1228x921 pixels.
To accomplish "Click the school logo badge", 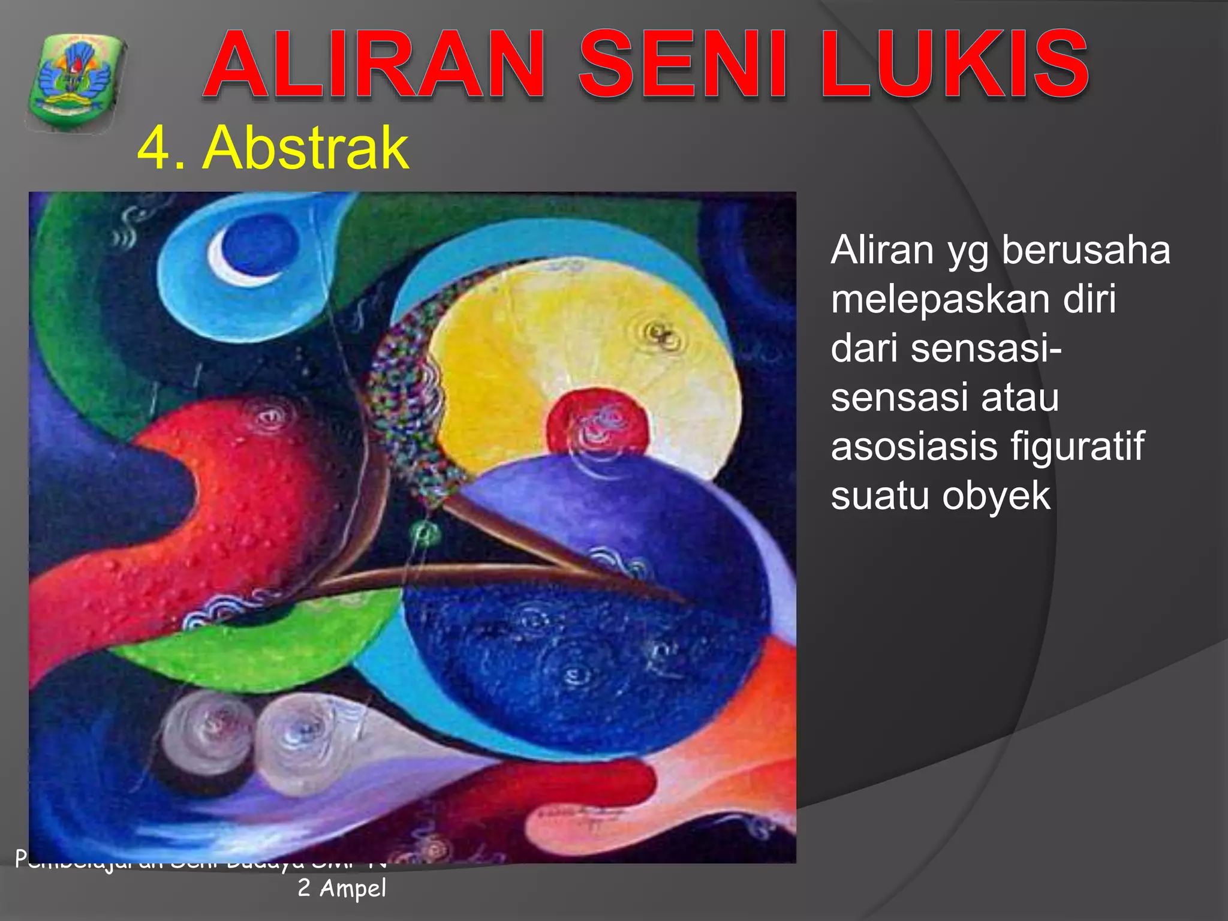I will (76, 82).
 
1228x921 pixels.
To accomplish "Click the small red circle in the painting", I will (598, 423).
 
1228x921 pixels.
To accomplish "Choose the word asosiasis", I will (914, 447).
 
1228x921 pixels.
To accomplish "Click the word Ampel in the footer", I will (353, 888).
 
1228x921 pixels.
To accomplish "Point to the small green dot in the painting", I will (425, 531).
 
